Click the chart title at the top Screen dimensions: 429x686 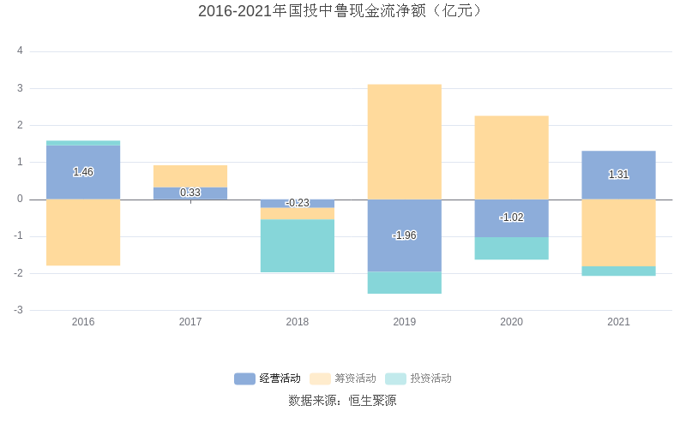click(x=342, y=11)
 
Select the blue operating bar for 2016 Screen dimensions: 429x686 click(x=83, y=158)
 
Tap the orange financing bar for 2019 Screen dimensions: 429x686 click(x=405, y=141)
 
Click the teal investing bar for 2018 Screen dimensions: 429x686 click(x=298, y=246)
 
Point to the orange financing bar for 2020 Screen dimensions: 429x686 click(x=511, y=158)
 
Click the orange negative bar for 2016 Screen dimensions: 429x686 click(x=83, y=232)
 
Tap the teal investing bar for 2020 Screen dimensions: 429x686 click(x=511, y=248)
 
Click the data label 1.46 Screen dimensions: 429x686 click(x=83, y=172)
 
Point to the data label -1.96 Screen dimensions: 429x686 click(x=405, y=235)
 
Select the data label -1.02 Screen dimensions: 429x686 click(x=511, y=217)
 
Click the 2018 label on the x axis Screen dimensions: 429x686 click(x=298, y=322)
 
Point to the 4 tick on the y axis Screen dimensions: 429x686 click(x=20, y=51)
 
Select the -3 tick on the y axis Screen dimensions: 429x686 click(x=18, y=310)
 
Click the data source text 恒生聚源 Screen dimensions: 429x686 click(x=372, y=400)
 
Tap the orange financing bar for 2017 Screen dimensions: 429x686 click(x=190, y=176)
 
